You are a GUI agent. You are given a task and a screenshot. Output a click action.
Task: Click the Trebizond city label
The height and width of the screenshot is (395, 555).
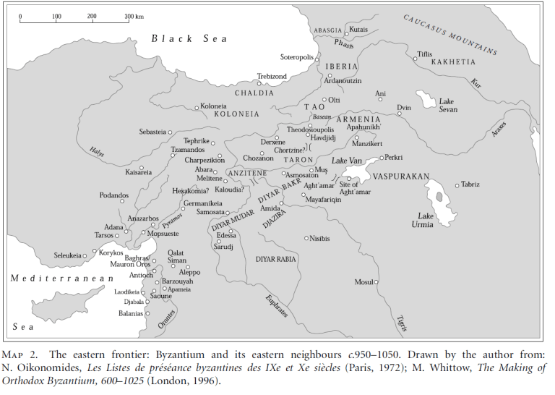point(272,75)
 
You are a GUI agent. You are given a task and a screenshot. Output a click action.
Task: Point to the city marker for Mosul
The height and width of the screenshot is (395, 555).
point(375,281)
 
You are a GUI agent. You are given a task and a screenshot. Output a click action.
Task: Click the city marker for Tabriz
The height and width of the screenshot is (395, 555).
point(457,185)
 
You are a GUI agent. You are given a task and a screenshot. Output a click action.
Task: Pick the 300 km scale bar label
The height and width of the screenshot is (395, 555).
point(133,15)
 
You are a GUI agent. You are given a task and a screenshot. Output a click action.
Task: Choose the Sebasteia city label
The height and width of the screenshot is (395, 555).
point(152,132)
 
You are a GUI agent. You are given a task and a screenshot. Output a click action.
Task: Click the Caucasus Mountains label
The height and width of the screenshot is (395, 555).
point(450,35)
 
